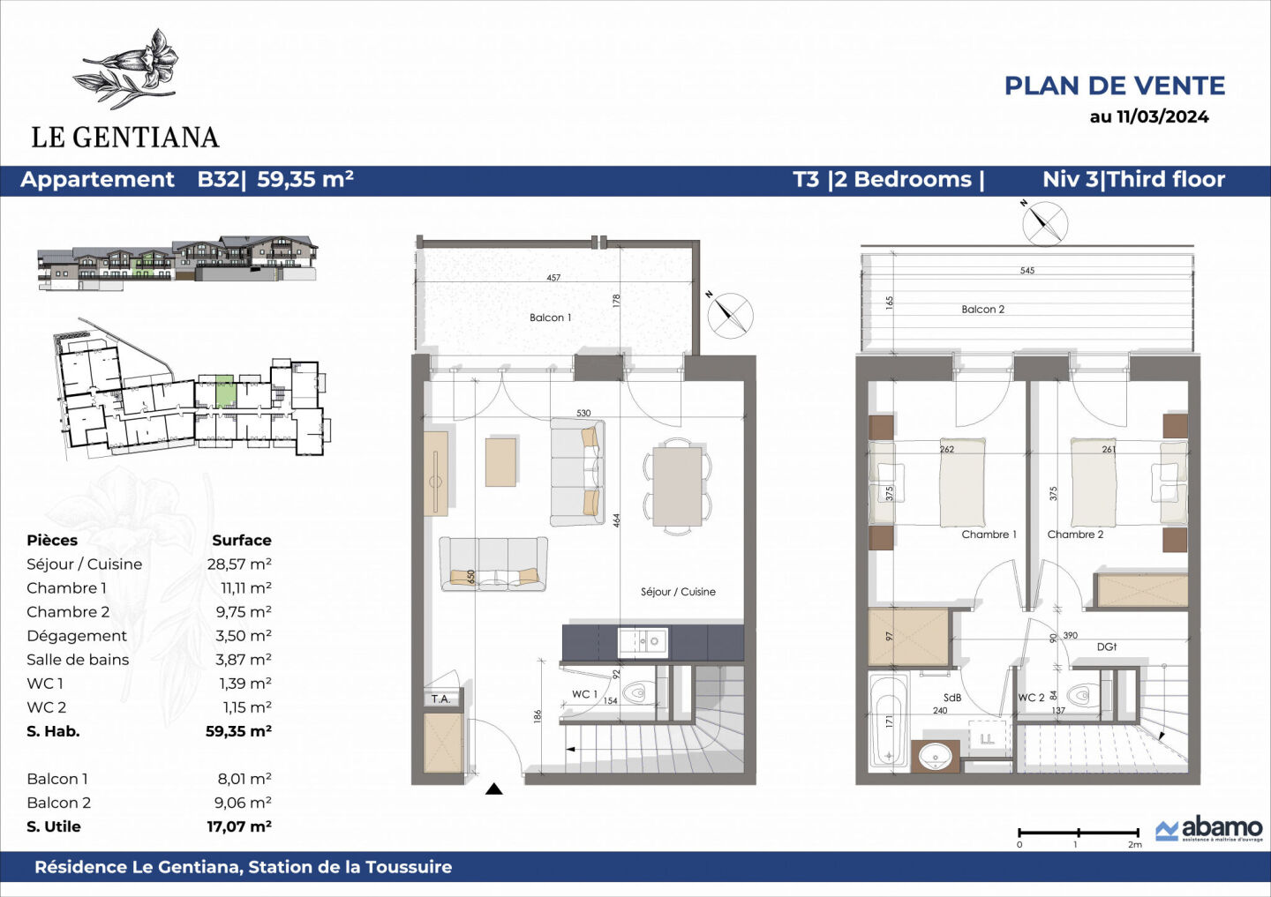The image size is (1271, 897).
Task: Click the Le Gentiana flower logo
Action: pyautogui.click(x=131, y=69)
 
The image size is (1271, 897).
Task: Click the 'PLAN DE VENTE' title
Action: pyautogui.click(x=1114, y=86)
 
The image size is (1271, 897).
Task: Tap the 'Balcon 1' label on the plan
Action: pyautogui.click(x=550, y=318)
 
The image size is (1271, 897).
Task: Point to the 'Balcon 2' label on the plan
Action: pyautogui.click(x=982, y=310)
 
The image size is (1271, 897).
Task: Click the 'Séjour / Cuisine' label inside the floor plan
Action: pyautogui.click(x=678, y=592)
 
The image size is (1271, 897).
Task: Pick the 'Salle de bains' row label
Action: pyautogui.click(x=78, y=660)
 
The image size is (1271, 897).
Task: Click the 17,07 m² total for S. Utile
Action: pyautogui.click(x=239, y=826)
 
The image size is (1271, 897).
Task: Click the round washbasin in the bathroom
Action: pyautogui.click(x=936, y=756)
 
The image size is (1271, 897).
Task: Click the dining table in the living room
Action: pyautogui.click(x=677, y=486)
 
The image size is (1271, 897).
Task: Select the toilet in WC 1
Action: pyautogui.click(x=637, y=693)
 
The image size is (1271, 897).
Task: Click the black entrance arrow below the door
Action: pyautogui.click(x=493, y=789)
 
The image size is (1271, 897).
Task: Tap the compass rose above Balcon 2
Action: pyautogui.click(x=1044, y=222)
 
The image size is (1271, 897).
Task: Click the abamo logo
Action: pyautogui.click(x=1209, y=829)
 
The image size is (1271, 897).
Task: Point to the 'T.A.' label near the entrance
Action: pyautogui.click(x=440, y=699)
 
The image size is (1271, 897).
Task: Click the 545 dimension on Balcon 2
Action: pyautogui.click(x=1027, y=271)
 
